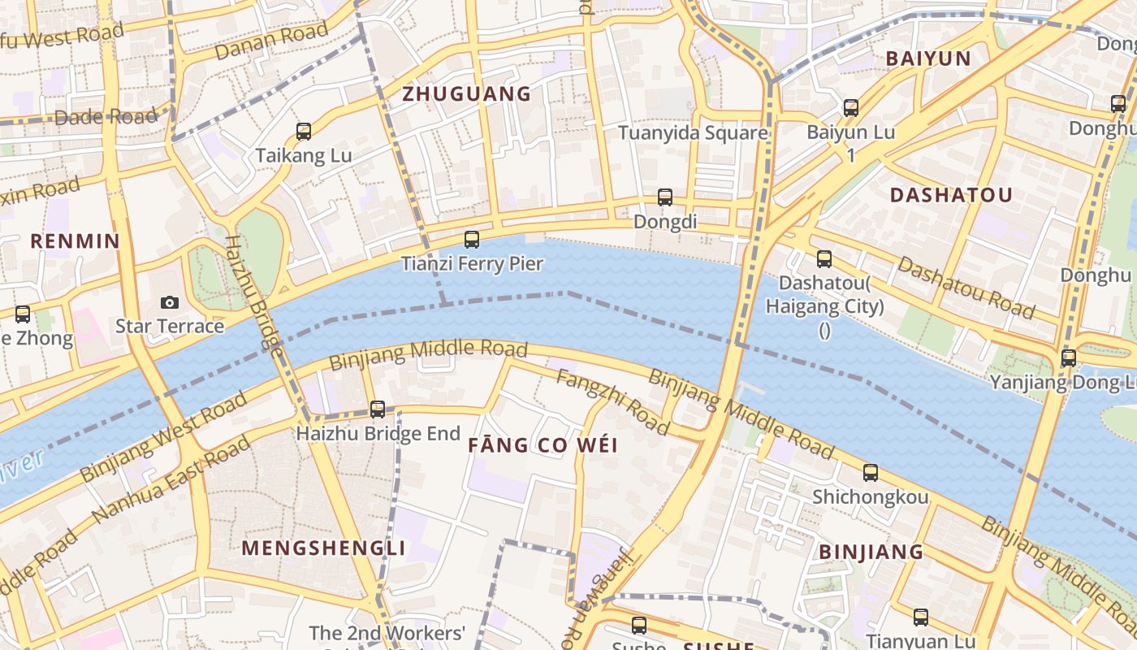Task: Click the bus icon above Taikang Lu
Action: pyautogui.click(x=304, y=131)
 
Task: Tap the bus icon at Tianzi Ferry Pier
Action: pyautogui.click(x=472, y=240)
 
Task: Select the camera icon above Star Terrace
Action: pyautogui.click(x=169, y=302)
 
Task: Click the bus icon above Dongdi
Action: pyautogui.click(x=665, y=197)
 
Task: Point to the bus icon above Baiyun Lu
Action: pyautogui.click(x=851, y=107)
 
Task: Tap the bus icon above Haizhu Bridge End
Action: pyautogui.click(x=378, y=409)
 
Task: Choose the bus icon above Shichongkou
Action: pyautogui.click(x=871, y=472)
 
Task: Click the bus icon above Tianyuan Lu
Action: pyautogui.click(x=920, y=617)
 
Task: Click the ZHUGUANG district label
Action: pyautogui.click(x=467, y=94)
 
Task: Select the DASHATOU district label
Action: pyautogui.click(x=951, y=195)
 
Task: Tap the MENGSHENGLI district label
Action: pyautogui.click(x=323, y=548)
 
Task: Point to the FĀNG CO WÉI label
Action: pyautogui.click(x=543, y=445)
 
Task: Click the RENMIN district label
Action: pyautogui.click(x=75, y=241)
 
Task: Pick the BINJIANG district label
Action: pyautogui.click(x=871, y=552)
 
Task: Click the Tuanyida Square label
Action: pyautogui.click(x=693, y=133)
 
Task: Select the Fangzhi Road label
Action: pyautogui.click(x=612, y=402)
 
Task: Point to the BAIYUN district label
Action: pyautogui.click(x=928, y=58)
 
